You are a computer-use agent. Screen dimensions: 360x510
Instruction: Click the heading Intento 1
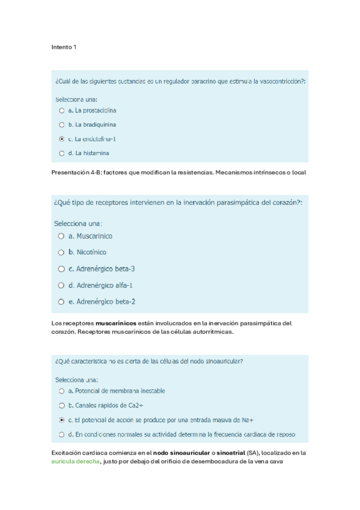point(63,47)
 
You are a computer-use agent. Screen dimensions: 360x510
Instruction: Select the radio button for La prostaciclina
point(61,111)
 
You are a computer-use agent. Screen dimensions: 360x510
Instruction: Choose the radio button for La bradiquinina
point(61,125)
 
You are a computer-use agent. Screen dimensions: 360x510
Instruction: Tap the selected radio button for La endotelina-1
point(61,139)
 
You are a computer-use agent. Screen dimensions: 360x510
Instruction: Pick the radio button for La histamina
point(61,153)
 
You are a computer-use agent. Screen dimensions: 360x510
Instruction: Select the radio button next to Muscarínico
point(61,236)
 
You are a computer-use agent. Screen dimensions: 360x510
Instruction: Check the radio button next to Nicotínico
point(61,253)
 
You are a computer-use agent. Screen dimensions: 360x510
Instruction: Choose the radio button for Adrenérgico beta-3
point(61,269)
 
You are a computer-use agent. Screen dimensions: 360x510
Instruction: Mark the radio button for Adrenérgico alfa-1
point(61,285)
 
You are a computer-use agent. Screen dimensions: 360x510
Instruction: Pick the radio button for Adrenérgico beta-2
point(61,301)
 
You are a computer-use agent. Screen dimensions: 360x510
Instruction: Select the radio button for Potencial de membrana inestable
point(61,391)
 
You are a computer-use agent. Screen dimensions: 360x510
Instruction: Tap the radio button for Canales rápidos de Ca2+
point(61,405)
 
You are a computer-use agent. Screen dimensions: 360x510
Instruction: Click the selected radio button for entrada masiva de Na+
point(61,420)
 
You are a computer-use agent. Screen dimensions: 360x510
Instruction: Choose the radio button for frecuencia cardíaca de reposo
point(61,434)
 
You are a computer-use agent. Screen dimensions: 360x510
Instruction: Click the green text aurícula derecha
point(75,462)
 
